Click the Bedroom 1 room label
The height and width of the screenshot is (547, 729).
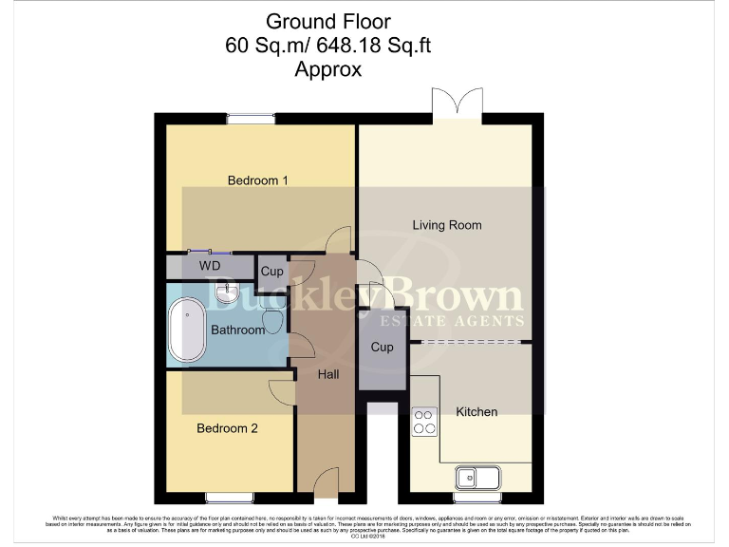point(258,180)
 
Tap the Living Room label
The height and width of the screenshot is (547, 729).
point(446,225)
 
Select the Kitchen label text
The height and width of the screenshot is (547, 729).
point(477,411)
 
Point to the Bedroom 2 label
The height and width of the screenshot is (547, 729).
point(227,428)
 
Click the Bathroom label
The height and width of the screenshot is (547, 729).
point(237,330)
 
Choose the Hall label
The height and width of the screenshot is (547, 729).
point(328,374)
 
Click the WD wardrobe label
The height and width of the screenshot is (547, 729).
point(210,267)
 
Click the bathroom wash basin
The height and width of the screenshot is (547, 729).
point(227,291)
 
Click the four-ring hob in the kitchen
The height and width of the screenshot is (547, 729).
point(424,420)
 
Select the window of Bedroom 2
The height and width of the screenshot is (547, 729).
point(229,496)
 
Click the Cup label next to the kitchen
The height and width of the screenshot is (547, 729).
point(382,348)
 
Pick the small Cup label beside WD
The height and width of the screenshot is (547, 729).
point(271,272)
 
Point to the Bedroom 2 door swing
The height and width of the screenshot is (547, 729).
point(281,389)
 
